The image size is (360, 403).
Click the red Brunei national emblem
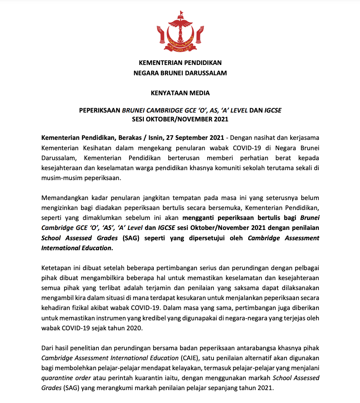click(x=180, y=32)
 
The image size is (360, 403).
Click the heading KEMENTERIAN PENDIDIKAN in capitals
click(x=180, y=63)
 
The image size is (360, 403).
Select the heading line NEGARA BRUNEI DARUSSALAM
click(x=180, y=73)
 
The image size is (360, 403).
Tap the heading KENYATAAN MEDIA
click(x=180, y=93)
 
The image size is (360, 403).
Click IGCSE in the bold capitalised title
click(x=273, y=110)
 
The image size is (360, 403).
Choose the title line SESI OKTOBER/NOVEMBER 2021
click(x=180, y=119)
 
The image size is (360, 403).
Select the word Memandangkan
click(x=63, y=198)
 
